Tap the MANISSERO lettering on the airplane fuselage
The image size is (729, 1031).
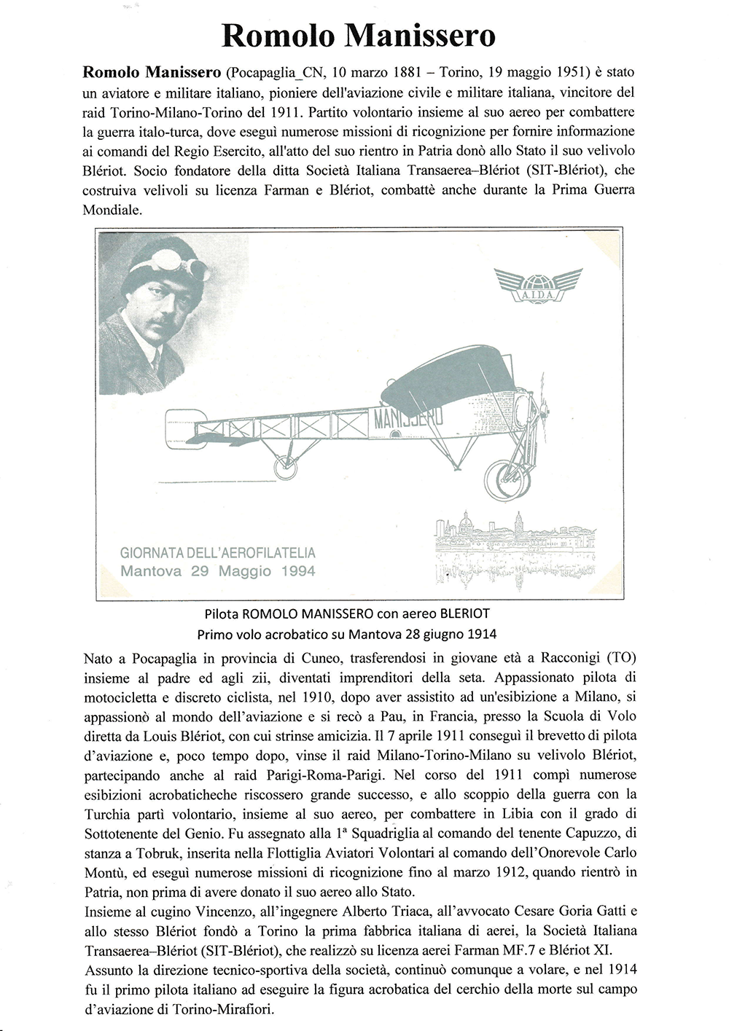(408, 419)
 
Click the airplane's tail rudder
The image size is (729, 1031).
(179, 426)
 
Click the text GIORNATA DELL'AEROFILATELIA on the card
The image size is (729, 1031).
(218, 554)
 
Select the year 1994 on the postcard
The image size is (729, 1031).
(298, 571)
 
